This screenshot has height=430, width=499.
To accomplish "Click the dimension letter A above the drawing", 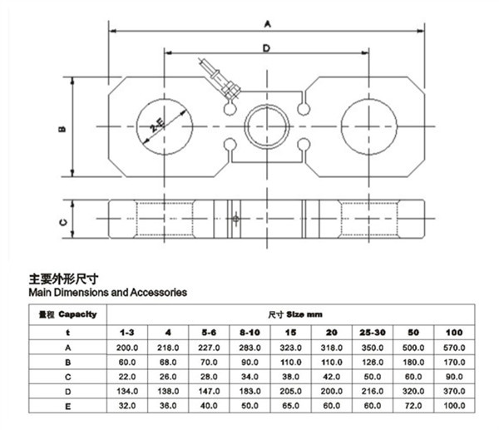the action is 268,24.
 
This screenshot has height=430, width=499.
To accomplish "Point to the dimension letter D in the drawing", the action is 266,48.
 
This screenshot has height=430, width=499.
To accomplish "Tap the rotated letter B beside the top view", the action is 62,129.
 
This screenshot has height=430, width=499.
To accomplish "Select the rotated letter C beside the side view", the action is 64,222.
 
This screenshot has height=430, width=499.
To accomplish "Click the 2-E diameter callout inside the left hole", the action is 157,125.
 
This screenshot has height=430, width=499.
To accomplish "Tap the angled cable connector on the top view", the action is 220,80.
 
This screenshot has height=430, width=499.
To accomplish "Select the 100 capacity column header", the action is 454,333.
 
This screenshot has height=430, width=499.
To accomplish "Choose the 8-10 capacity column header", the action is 249,333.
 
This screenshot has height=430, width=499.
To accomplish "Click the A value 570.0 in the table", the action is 454,348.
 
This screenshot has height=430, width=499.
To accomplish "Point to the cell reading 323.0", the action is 290,348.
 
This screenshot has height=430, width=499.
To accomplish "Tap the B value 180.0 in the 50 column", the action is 413,363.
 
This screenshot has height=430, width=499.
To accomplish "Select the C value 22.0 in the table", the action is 127,377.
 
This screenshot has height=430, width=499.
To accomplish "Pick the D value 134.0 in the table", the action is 127,392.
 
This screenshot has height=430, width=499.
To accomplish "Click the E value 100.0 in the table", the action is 454,406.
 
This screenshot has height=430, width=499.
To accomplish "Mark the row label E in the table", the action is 68,407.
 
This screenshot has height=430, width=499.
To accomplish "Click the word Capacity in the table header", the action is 77,314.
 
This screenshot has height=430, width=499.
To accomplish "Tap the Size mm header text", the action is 304,314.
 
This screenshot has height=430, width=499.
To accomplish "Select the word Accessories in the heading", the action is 159,292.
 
